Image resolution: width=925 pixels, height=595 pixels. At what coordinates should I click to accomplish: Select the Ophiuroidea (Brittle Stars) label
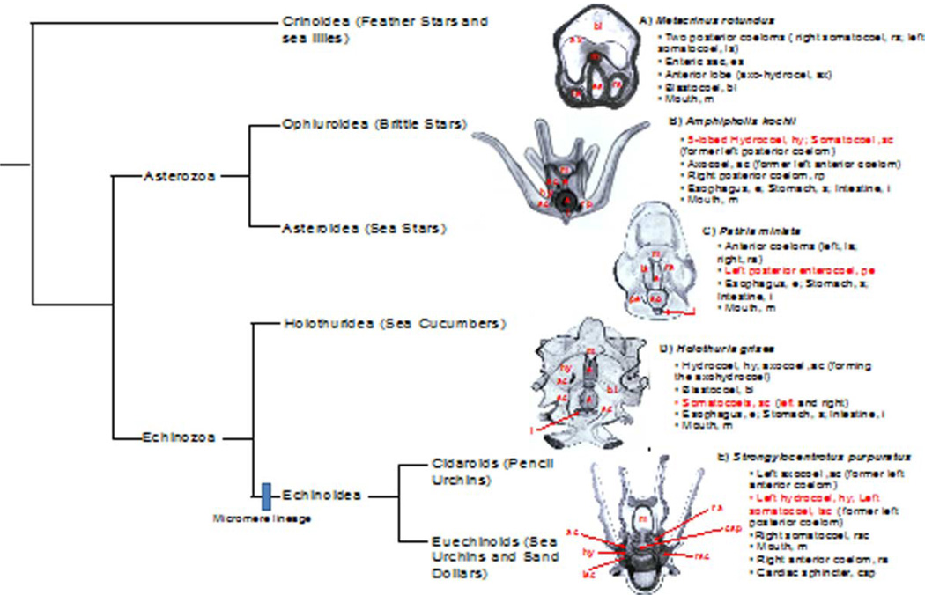pyautogui.click(x=374, y=123)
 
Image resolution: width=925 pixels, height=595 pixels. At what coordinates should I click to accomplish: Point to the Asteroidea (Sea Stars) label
pyautogui.click(x=365, y=229)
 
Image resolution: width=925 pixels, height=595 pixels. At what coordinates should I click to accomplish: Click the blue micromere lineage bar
pyautogui.click(x=265, y=496)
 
